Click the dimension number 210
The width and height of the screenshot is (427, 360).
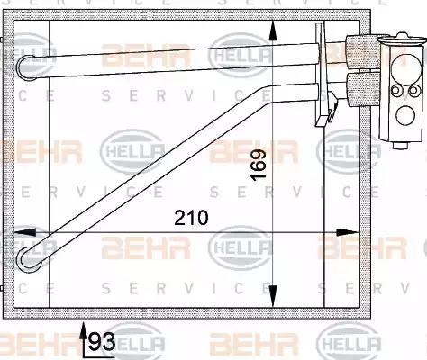click(x=191, y=218)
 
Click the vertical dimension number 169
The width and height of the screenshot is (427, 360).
click(x=259, y=166)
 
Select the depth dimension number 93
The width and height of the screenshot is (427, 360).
click(x=102, y=342)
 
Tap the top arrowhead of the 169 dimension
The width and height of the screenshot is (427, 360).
click(x=273, y=31)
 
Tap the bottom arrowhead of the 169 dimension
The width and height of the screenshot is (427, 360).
click(x=273, y=296)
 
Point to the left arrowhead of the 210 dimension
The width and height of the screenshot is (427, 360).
click(x=25, y=232)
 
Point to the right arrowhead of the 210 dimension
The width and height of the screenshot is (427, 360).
click(x=348, y=232)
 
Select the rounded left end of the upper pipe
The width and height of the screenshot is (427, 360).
click(x=26, y=68)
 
